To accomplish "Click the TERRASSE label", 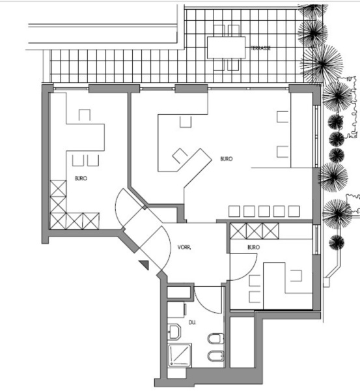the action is pyautogui.click(x=260, y=48).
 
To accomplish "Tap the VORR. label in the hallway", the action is pyautogui.click(x=184, y=248).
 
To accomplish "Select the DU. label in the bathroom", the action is pyautogui.click(x=192, y=323).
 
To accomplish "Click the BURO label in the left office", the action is pyautogui.click(x=81, y=179).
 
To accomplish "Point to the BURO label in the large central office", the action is pyautogui.click(x=227, y=158).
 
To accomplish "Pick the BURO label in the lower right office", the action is pyautogui.click(x=254, y=247).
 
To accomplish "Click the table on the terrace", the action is pyautogui.click(x=226, y=48).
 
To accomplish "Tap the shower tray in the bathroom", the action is pyautogui.click(x=180, y=355).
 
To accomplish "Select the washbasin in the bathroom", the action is pyautogui.click(x=174, y=332).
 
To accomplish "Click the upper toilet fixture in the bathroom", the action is pyautogui.click(x=215, y=339).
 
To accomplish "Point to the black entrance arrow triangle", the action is pyautogui.click(x=145, y=265).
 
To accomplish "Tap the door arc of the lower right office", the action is pyautogui.click(x=250, y=272).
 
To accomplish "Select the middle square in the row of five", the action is pyautogui.click(x=264, y=211).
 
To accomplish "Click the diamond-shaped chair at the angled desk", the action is pyautogui.click(x=180, y=156).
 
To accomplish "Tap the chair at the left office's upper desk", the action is pyautogui.click(x=85, y=115).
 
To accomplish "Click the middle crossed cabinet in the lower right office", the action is pyautogui.click(x=254, y=231).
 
